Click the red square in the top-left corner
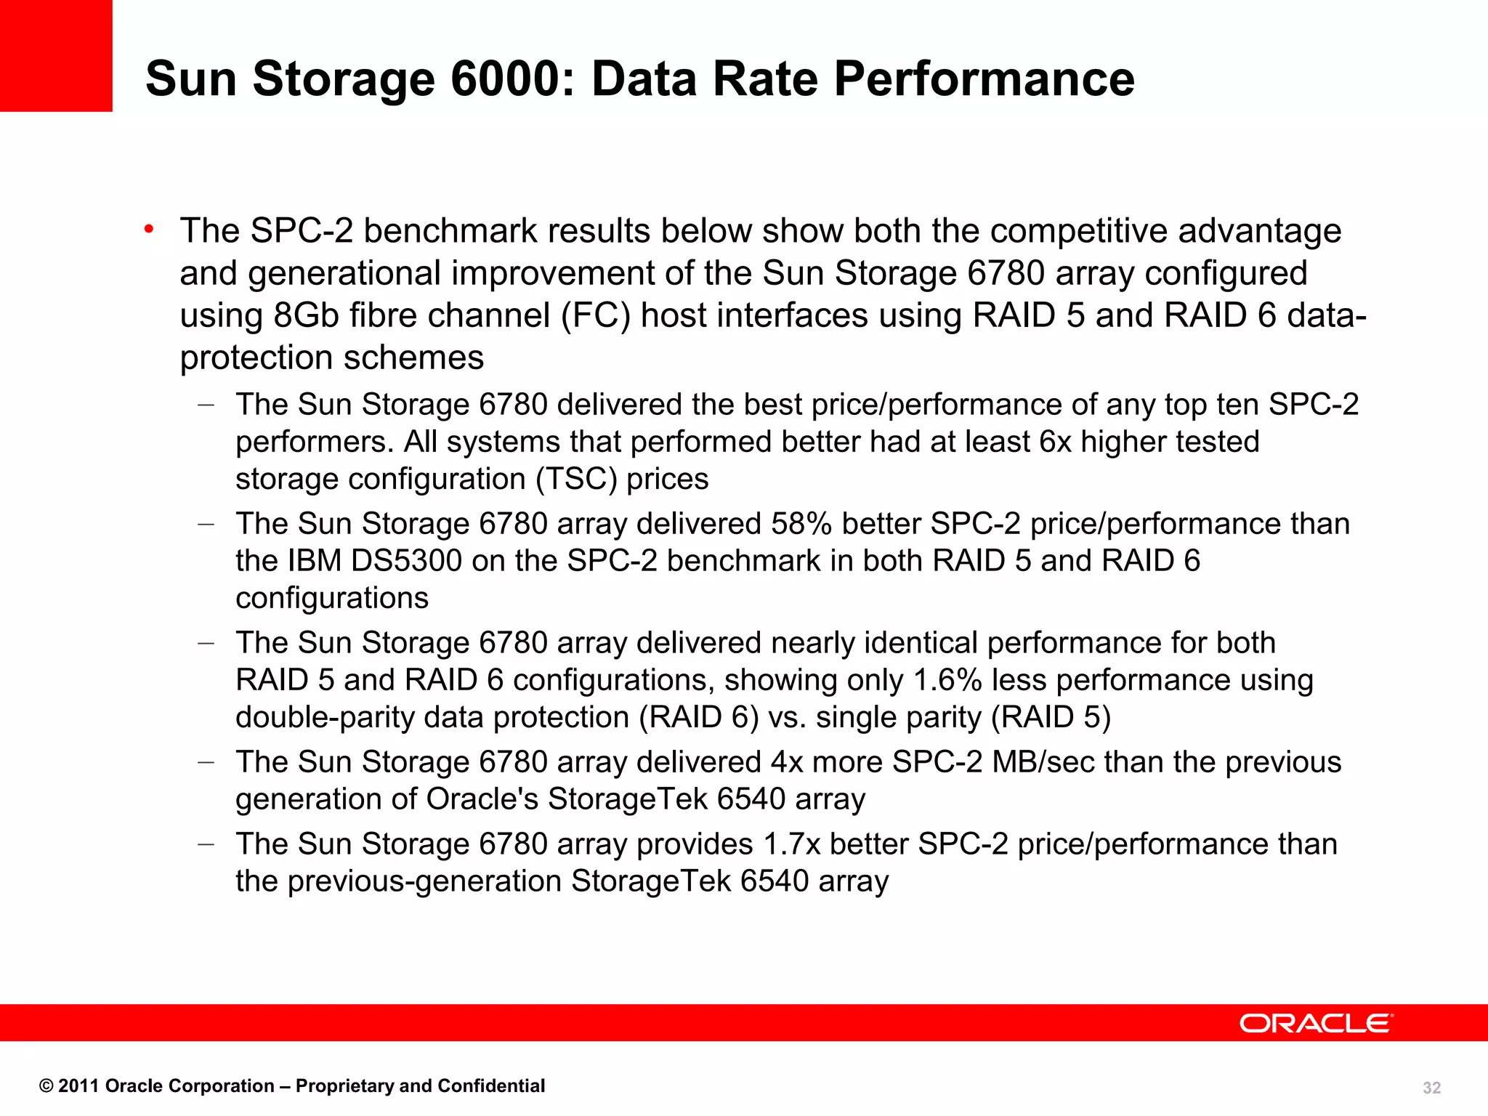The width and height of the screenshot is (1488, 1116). (56, 55)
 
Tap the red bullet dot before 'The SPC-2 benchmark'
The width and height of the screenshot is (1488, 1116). (149, 230)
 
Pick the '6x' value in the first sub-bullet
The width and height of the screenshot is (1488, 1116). (1055, 442)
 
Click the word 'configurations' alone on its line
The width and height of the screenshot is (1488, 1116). (332, 599)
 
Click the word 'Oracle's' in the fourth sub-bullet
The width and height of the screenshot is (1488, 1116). (482, 799)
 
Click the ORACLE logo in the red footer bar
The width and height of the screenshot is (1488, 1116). (1316, 1023)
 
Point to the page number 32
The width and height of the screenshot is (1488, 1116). (1431, 1088)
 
